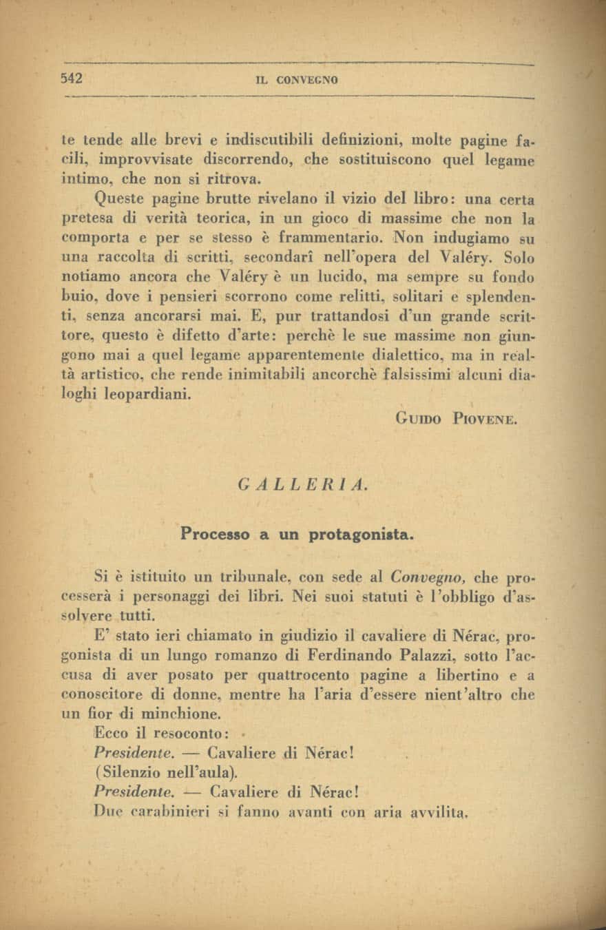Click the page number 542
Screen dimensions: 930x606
tap(72, 78)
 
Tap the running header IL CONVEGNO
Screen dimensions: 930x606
tap(297, 80)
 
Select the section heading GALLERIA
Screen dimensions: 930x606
tap(302, 484)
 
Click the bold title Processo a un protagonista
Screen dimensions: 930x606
tap(297, 533)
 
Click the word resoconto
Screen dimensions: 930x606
tap(185, 734)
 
